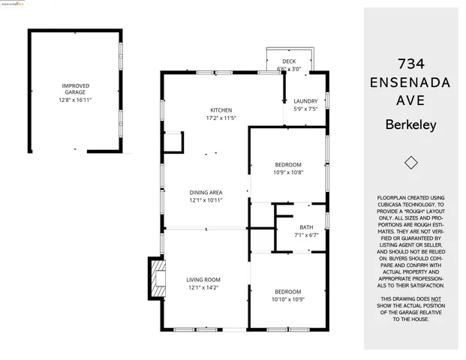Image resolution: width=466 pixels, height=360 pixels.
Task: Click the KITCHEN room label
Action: pyautogui.click(x=221, y=109)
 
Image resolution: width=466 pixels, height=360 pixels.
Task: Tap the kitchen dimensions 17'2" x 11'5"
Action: pyautogui.click(x=221, y=118)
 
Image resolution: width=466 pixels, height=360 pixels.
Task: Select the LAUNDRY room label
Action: pyautogui.click(x=305, y=101)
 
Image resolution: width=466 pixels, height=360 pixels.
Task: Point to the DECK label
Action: pyautogui.click(x=289, y=61)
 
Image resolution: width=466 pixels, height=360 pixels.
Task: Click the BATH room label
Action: pyautogui.click(x=305, y=227)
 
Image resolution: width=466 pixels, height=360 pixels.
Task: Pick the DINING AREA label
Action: pyautogui.click(x=205, y=193)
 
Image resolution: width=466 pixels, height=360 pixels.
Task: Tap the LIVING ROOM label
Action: pyautogui.click(x=203, y=280)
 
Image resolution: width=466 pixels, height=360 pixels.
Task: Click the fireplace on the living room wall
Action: pyautogui.click(x=155, y=278)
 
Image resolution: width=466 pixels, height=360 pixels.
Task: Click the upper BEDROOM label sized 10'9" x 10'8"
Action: pyautogui.click(x=287, y=165)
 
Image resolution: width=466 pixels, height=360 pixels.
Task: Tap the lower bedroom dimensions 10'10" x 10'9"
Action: pyautogui.click(x=287, y=299)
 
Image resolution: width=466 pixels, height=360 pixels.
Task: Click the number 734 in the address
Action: pyautogui.click(x=410, y=63)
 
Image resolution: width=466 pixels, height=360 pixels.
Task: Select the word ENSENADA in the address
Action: pyautogui.click(x=410, y=82)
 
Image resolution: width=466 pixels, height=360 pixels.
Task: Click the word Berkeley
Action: pyautogui.click(x=410, y=125)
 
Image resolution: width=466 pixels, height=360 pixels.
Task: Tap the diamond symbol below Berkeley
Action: pyautogui.click(x=410, y=163)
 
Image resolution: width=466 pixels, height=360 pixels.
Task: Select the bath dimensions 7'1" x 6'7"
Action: pyautogui.click(x=305, y=235)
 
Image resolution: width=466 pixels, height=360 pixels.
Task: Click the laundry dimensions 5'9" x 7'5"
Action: pyautogui.click(x=305, y=109)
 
